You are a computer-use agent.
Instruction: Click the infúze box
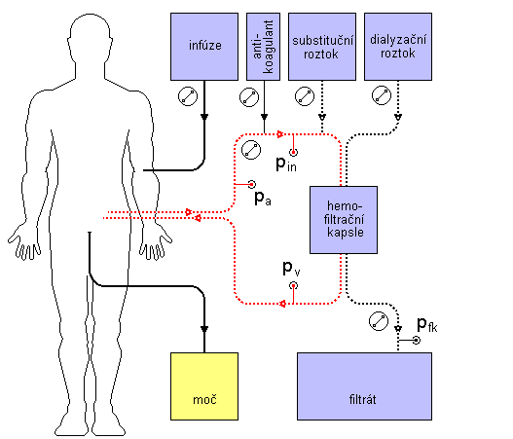tap(204, 47)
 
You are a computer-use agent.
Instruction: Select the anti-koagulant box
tap(264, 47)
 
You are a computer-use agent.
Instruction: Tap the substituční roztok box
tap(322, 47)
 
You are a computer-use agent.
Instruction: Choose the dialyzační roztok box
tap(398, 47)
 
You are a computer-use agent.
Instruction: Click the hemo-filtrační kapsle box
tap(344, 220)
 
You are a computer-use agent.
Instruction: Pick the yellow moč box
tap(204, 386)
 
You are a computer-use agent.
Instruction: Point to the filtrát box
tap(364, 386)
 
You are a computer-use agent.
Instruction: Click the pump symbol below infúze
tap(188, 96)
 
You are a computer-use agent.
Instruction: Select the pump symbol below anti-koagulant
tap(249, 97)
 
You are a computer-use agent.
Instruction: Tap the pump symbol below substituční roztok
tap(305, 96)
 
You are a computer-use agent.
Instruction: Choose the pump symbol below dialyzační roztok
tap(382, 95)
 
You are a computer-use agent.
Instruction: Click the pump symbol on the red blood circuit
tap(251, 150)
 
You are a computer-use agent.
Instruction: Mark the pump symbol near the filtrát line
tap(379, 321)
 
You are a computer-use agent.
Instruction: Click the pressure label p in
tap(286, 164)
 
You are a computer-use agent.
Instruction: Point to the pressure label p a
tap(263, 198)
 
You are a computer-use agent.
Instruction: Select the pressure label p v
tap(291, 269)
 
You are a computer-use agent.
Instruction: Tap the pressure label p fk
tap(427, 325)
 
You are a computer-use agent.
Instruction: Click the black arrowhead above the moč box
tap(204, 329)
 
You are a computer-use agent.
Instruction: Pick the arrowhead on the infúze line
tap(204, 117)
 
